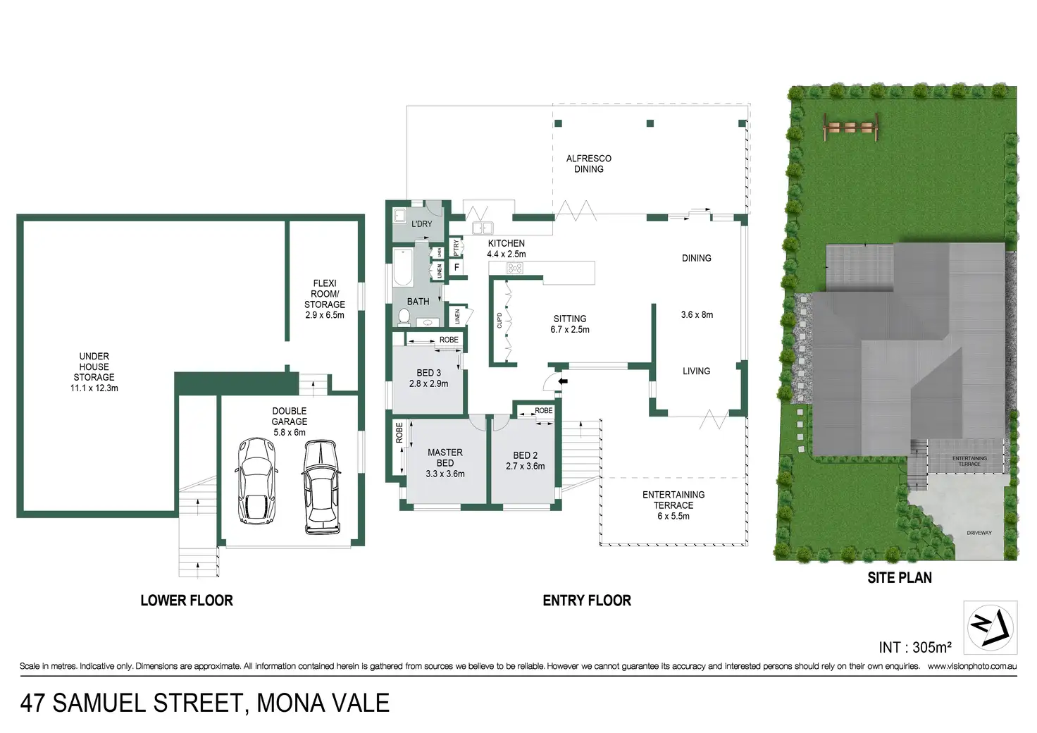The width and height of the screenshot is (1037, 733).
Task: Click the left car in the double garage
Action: click(x=256, y=481)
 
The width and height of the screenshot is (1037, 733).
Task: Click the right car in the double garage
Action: click(x=321, y=487)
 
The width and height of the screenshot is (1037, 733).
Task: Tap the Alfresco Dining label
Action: click(x=589, y=164)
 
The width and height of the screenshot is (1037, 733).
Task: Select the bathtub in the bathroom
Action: click(x=403, y=267)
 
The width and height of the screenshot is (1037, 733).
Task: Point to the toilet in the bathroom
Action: click(x=404, y=318)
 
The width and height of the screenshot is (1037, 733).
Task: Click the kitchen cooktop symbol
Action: click(x=516, y=268)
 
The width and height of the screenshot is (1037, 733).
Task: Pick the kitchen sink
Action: click(x=483, y=228)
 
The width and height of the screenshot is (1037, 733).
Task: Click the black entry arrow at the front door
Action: click(x=562, y=381)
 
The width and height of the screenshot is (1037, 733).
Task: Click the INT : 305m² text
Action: click(x=914, y=647)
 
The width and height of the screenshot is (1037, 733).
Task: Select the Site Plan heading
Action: click(x=900, y=578)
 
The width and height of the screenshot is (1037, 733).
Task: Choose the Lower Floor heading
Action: click(x=187, y=600)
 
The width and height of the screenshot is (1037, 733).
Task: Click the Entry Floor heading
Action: click(x=587, y=600)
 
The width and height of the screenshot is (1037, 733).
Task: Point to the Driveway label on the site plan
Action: click(x=979, y=533)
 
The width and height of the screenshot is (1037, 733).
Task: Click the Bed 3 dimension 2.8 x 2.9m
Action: click(x=428, y=384)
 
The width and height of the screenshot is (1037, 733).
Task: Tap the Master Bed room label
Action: click(x=445, y=457)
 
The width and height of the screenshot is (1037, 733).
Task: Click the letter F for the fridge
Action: click(x=457, y=268)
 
